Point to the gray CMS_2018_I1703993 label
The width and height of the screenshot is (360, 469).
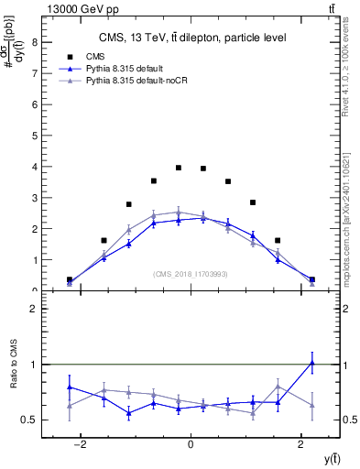click(191, 274)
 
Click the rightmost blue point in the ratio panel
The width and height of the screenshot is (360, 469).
click(312, 363)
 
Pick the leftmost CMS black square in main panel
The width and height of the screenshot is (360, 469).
click(70, 279)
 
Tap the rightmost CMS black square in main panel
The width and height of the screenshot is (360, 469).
click(312, 279)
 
